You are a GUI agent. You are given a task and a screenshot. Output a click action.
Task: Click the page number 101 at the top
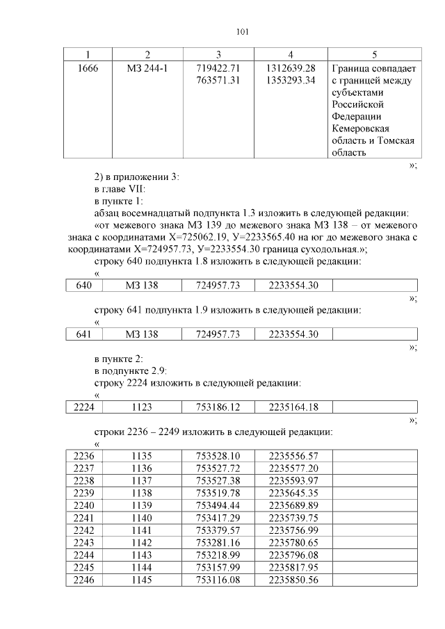(x=243, y=32)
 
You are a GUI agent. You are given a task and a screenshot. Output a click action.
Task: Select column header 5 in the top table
(x=374, y=54)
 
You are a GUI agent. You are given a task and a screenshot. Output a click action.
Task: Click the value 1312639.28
(x=291, y=69)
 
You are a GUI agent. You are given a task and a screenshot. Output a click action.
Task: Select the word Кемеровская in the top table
(x=360, y=129)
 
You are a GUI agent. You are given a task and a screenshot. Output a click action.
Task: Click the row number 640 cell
(x=84, y=286)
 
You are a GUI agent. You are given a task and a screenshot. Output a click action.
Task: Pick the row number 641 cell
(x=84, y=334)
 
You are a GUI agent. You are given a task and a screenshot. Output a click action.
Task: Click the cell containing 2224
(x=84, y=407)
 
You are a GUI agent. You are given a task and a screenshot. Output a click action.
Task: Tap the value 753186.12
(x=218, y=407)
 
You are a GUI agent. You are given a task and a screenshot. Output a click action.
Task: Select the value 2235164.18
(x=293, y=407)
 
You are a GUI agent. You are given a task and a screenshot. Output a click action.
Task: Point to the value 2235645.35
(x=293, y=491)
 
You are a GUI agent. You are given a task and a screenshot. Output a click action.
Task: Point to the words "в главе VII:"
(x=119, y=188)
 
